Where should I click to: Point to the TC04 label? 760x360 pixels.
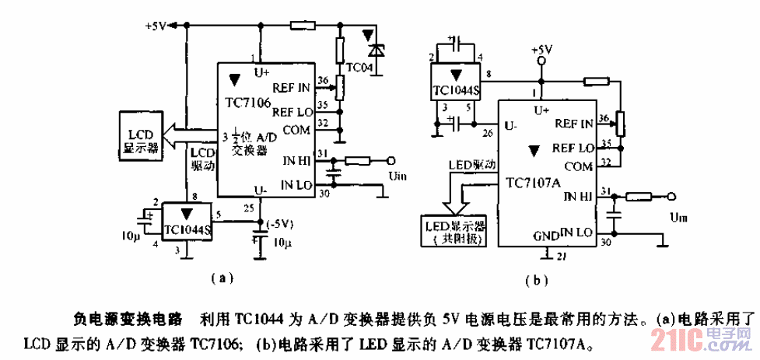point(359,68)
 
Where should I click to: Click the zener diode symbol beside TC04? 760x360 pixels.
point(376,48)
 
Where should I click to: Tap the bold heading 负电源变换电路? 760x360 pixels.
point(127,319)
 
